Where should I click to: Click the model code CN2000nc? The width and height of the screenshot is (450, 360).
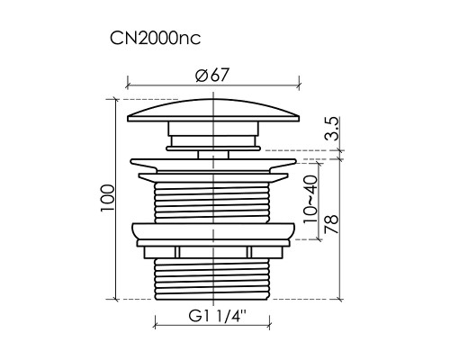155,40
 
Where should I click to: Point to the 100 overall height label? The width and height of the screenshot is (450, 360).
107,197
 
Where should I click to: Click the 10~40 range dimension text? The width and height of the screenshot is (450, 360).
309,201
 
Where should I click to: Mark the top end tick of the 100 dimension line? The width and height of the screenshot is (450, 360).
118,98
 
